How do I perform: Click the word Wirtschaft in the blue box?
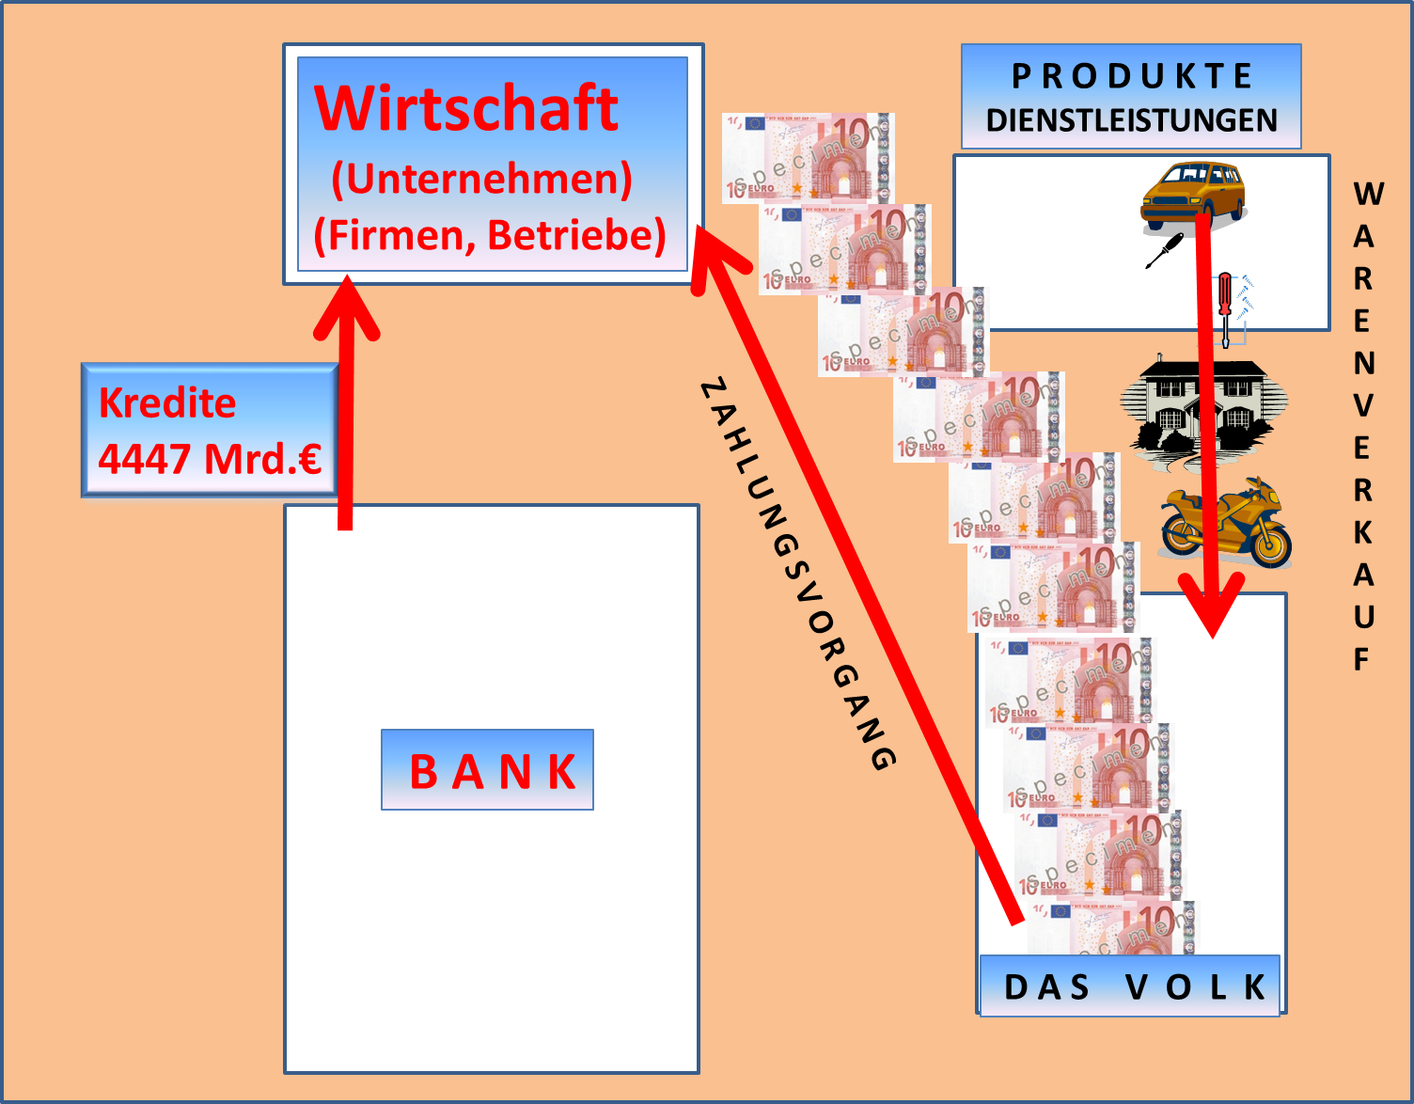pyautogui.click(x=466, y=109)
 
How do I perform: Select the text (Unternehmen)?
pyautogui.click(x=481, y=179)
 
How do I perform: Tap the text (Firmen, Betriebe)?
pyautogui.click(x=489, y=235)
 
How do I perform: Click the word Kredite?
pyautogui.click(x=167, y=403)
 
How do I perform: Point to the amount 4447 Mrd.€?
pyautogui.click(x=210, y=459)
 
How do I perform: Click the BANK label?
pyautogui.click(x=491, y=772)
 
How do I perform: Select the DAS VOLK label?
pyautogui.click(x=1133, y=986)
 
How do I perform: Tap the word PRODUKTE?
pyautogui.click(x=1131, y=76)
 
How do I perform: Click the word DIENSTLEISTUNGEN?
pyautogui.click(x=1131, y=120)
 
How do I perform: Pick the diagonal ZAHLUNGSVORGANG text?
pyautogui.click(x=797, y=574)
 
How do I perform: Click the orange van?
pyautogui.click(x=1192, y=196)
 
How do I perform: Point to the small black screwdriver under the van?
pyautogui.click(x=1164, y=250)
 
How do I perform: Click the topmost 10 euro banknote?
pyautogui.click(x=807, y=157)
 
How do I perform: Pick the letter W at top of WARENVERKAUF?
pyautogui.click(x=1368, y=195)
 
